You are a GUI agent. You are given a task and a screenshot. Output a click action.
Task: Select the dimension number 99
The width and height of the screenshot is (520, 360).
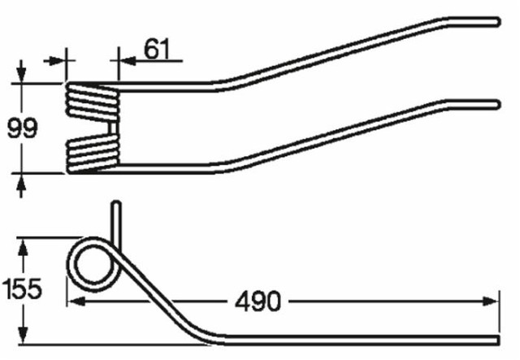pyautogui.click(x=22, y=128)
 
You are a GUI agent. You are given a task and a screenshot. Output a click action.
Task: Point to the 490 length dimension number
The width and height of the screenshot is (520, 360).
pyautogui.click(x=260, y=301)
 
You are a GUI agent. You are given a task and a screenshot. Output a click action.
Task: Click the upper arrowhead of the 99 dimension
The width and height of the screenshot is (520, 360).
pyautogui.click(x=22, y=76)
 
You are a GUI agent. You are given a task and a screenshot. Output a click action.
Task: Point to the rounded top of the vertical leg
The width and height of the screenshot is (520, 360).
pyautogui.click(x=117, y=205)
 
